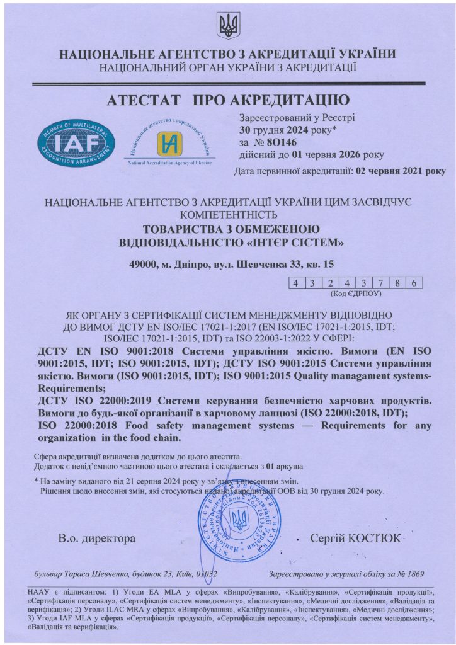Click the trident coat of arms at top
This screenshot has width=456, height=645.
coord(227,26)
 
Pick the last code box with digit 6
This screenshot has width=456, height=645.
coord(413,283)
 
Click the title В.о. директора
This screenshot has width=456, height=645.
coord(97,539)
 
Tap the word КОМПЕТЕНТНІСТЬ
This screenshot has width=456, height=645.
coord(227,214)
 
